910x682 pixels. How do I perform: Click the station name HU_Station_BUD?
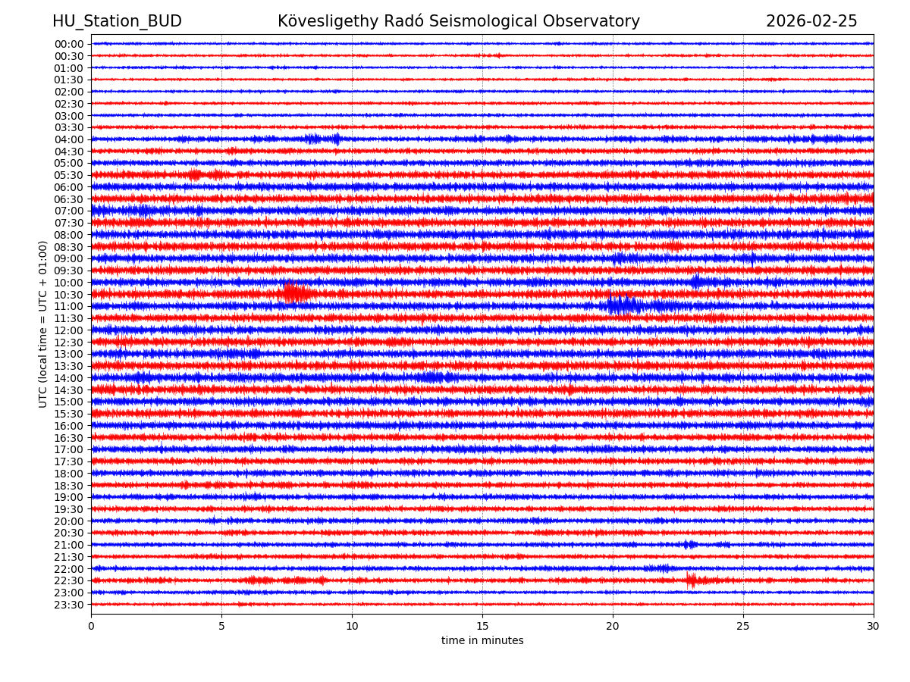[x=117, y=21]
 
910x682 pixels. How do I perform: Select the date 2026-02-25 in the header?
[x=811, y=21]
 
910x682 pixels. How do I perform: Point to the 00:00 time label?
[x=68, y=44]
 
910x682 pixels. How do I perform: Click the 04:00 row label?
[x=68, y=139]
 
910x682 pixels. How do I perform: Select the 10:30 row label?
[x=68, y=295]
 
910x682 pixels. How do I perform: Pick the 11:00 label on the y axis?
[x=68, y=306]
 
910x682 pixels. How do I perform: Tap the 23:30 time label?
[x=68, y=605]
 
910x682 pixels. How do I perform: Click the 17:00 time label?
[x=68, y=449]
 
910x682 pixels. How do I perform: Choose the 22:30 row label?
[x=68, y=580]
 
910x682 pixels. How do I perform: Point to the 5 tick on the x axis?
[x=221, y=626]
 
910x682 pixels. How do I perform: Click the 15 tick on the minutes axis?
[x=482, y=626]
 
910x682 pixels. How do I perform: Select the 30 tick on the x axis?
[x=874, y=626]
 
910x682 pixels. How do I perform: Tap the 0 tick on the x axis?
[x=91, y=626]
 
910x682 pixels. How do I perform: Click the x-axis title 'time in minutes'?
[x=482, y=641]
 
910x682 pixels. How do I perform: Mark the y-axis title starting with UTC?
[x=43, y=324]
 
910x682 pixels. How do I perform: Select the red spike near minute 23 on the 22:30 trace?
[x=691, y=580]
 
